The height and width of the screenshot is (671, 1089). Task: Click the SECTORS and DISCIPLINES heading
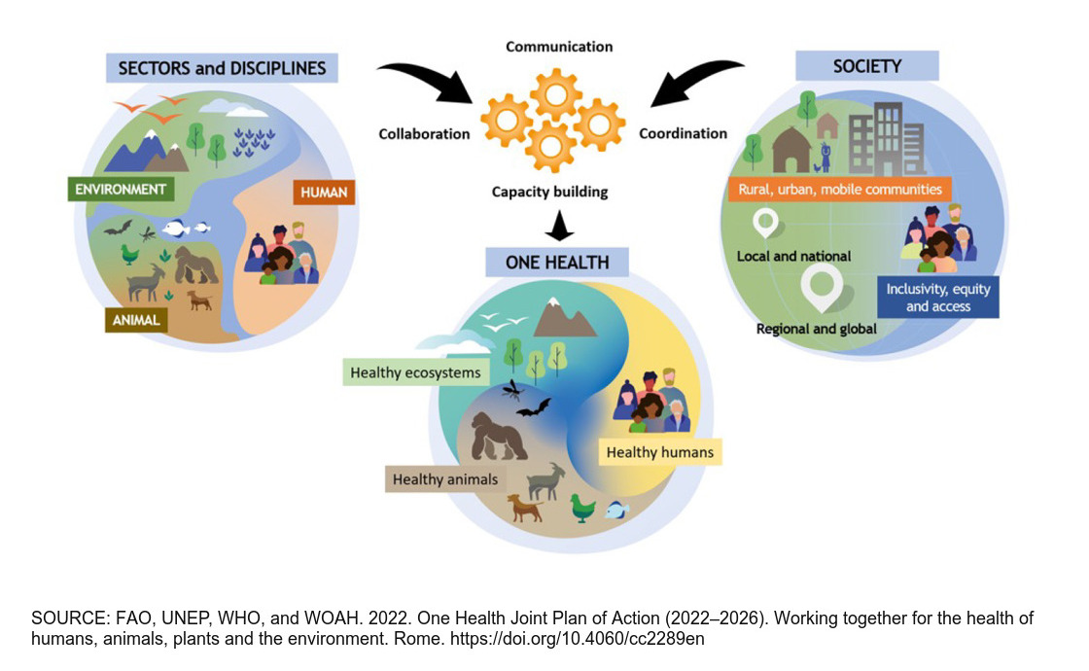point(222,68)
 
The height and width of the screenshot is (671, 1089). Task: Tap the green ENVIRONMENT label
point(121,189)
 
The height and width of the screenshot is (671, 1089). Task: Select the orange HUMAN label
point(324,193)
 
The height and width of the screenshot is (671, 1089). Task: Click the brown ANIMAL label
point(136,320)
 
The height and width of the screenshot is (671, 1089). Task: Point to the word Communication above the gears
point(559,47)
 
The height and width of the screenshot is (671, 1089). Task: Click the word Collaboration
point(424,134)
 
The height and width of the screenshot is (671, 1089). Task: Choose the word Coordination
point(683,133)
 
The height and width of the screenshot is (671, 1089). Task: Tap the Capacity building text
point(549,192)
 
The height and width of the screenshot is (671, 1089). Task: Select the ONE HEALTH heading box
point(557,263)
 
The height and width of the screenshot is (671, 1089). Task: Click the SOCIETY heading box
point(866,66)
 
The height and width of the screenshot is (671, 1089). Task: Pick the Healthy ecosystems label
point(415,372)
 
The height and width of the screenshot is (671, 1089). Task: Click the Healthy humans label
point(660,452)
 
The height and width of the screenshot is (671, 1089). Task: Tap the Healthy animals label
point(445,479)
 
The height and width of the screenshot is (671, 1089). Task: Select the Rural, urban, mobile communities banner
point(840,189)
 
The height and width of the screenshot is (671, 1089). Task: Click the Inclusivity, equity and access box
point(937,298)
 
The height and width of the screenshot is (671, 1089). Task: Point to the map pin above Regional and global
point(822,288)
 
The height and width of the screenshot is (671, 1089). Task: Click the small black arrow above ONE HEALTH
point(558,226)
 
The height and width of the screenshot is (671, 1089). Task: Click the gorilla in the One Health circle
point(497,437)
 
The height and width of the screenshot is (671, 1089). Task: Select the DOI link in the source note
point(578,638)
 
